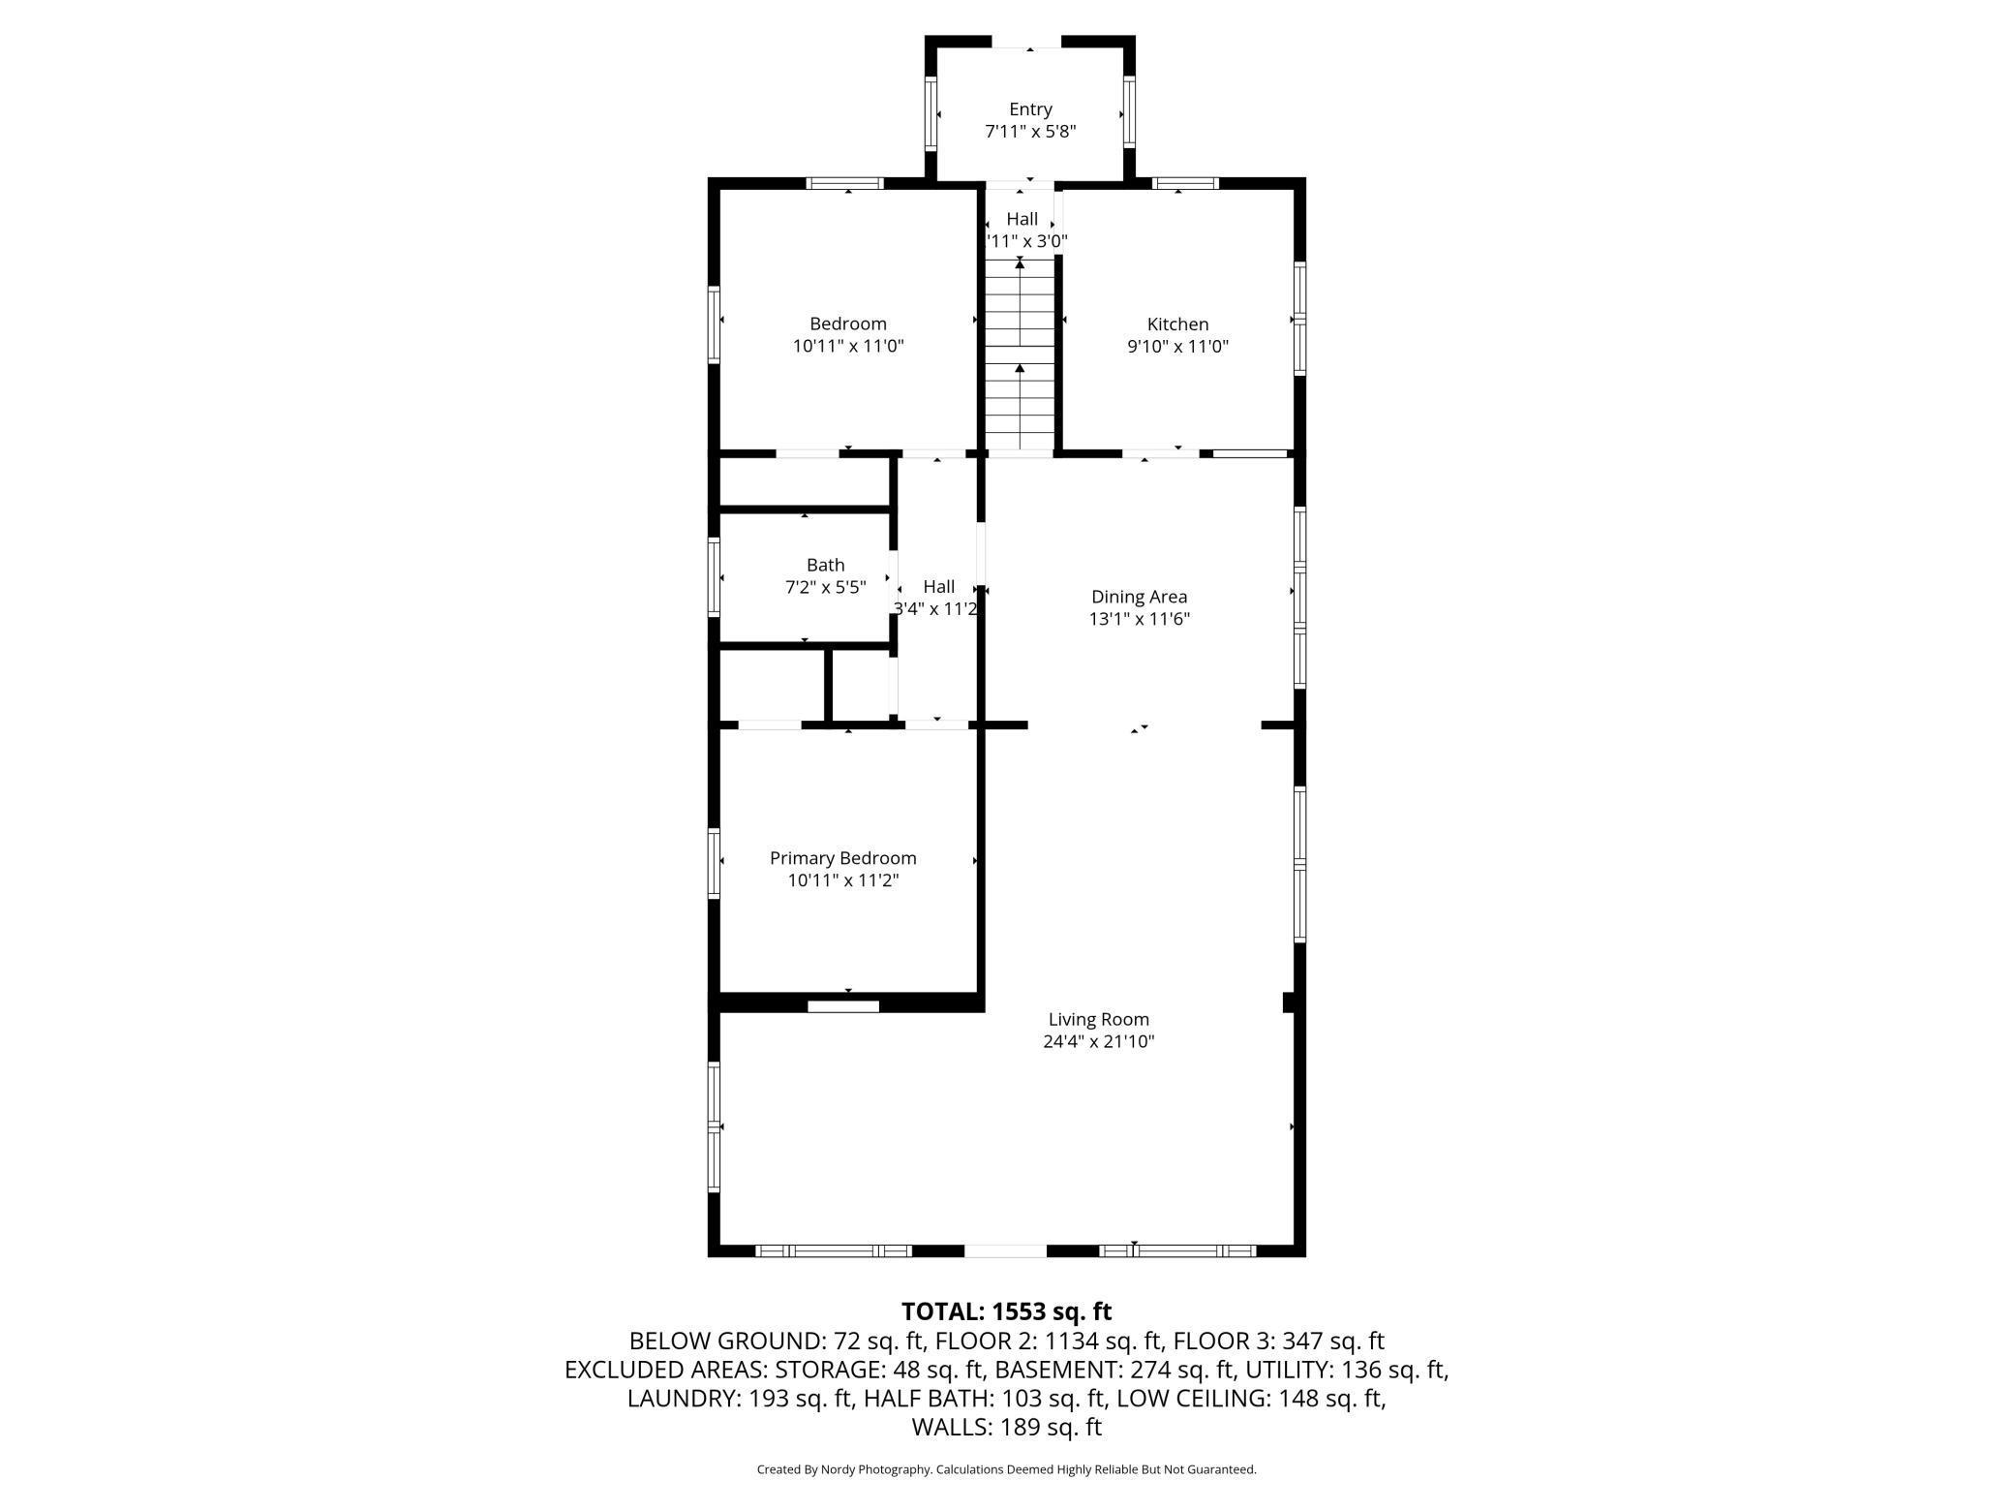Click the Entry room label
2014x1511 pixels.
(1030, 109)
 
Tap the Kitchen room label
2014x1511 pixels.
(1177, 324)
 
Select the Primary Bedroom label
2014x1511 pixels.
(842, 858)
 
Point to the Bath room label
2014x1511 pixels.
(825, 565)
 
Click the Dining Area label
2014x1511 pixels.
(1139, 597)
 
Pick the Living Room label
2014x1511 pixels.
(1099, 1019)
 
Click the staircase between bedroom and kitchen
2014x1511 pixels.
(1020, 355)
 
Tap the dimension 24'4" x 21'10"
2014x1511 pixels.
(1099, 1042)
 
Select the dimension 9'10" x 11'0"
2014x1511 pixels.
(1177, 347)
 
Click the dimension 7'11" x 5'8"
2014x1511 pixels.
(1030, 132)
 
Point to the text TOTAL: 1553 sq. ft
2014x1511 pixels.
(1006, 1311)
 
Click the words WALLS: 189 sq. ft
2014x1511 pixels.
(1006, 1427)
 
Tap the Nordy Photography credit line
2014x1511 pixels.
(1006, 1469)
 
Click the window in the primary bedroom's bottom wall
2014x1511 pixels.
(843, 1006)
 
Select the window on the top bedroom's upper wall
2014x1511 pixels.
(845, 183)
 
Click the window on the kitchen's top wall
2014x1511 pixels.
(1185, 183)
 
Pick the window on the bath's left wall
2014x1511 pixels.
(714, 577)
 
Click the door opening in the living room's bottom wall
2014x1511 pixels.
(1006, 1250)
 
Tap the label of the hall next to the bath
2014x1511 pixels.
(938, 586)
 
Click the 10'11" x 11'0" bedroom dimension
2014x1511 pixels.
(848, 346)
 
